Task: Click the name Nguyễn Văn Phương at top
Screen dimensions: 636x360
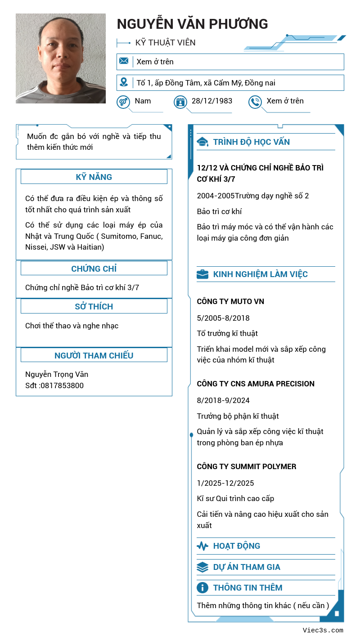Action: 192,24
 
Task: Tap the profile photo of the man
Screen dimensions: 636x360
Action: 61,58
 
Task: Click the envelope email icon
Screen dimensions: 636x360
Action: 124,61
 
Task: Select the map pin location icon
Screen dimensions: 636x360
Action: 124,82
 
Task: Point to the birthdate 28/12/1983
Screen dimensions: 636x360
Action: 212,101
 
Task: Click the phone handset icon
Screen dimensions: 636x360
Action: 255,102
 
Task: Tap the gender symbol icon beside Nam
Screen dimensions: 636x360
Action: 123,102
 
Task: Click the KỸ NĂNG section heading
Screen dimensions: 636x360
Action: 94,177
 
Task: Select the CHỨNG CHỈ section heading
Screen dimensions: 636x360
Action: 94,269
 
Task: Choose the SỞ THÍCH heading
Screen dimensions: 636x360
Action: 94,306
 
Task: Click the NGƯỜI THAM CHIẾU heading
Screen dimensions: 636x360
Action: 94,355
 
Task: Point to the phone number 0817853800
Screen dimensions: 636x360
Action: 62,385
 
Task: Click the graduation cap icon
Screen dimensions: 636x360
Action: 202,142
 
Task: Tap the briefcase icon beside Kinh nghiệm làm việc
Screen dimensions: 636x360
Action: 202,274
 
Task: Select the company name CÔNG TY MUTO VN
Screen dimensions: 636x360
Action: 230,301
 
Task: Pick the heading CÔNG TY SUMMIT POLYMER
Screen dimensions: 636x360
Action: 247,466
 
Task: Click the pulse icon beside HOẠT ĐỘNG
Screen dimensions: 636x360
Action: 202,546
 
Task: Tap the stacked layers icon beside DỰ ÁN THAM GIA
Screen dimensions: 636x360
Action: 202,567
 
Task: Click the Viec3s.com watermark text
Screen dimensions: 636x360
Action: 323,630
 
